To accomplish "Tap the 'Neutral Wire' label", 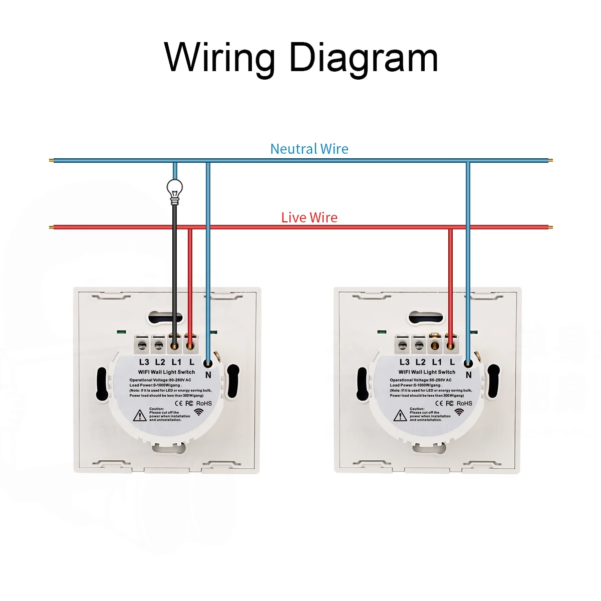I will pyautogui.click(x=309, y=149).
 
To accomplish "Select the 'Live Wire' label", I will pyautogui.click(x=309, y=217).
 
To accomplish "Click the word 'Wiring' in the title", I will pyautogui.click(x=220, y=58).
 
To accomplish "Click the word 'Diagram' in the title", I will pyautogui.click(x=363, y=58).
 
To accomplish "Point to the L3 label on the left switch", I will pyautogui.click(x=144, y=362).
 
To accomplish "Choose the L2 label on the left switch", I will pyautogui.click(x=160, y=362).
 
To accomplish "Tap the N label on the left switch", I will pyautogui.click(x=208, y=375).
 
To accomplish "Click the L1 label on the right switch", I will pyautogui.click(x=437, y=362).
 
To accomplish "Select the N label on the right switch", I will pyautogui.click(x=469, y=375).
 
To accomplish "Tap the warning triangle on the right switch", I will pyautogui.click(x=400, y=415).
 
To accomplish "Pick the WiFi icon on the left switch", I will pyautogui.click(x=199, y=412).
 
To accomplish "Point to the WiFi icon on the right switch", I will pyautogui.click(x=459, y=412).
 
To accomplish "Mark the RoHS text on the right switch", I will pyautogui.click(x=464, y=403).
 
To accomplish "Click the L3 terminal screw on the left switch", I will pyautogui.click(x=144, y=345).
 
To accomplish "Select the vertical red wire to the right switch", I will pyautogui.click(x=450, y=285).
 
